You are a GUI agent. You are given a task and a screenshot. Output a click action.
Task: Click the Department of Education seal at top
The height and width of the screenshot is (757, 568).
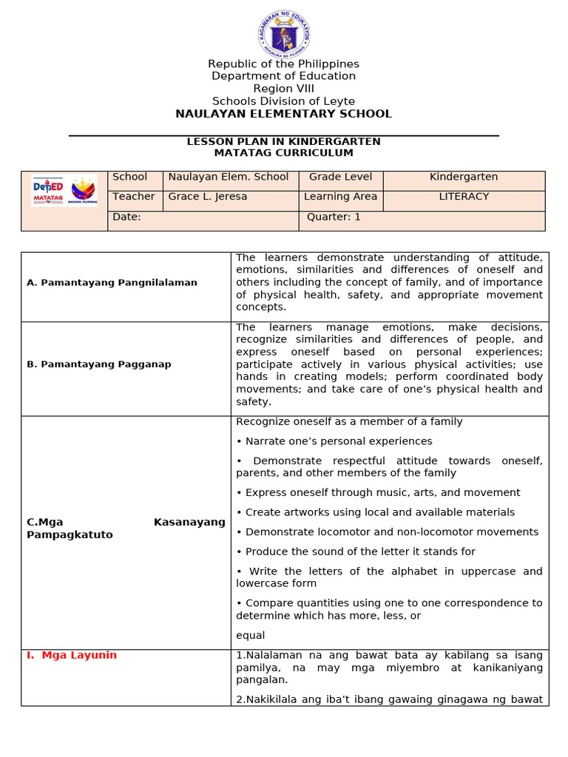tap(284, 34)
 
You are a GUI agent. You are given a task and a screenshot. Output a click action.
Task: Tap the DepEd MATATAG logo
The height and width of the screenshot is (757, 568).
tap(48, 191)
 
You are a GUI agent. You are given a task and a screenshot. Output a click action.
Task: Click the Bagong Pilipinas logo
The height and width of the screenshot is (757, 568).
tap(82, 191)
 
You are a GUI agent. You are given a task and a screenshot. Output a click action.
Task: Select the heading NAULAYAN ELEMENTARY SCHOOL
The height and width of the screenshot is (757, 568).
tap(283, 114)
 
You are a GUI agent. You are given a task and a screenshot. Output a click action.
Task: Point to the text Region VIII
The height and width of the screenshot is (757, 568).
tap(283, 89)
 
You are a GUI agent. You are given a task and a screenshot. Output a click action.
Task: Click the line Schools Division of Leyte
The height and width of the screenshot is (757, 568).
tap(283, 101)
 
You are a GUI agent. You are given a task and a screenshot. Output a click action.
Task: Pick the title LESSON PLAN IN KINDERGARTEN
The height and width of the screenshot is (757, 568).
tap(283, 141)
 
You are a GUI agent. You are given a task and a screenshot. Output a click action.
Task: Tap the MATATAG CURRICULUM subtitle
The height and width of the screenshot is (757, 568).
tap(283, 153)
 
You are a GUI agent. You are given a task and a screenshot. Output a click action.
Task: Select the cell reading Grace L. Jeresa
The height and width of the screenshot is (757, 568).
tap(197, 197)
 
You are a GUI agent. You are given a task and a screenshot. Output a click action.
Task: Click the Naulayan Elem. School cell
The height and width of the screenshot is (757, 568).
tap(229, 177)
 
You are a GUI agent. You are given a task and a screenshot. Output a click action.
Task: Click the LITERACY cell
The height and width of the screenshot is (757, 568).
tap(464, 197)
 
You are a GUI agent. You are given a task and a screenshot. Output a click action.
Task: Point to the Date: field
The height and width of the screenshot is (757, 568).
tap(126, 217)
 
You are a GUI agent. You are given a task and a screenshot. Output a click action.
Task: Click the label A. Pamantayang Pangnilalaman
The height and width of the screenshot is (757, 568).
tap(112, 282)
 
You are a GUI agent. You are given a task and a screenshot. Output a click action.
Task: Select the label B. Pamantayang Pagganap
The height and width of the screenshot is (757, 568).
tap(98, 364)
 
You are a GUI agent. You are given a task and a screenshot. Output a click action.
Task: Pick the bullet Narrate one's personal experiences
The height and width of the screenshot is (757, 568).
tap(334, 441)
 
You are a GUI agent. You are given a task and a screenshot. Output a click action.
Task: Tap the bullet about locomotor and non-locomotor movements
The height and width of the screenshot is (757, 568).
tap(388, 532)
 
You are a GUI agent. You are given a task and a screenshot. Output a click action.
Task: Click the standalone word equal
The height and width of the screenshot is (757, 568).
tap(250, 636)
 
